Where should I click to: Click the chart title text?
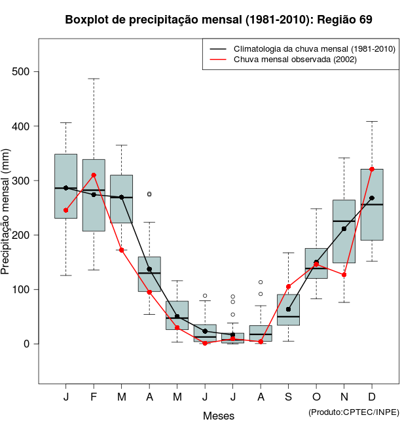[x=219, y=20]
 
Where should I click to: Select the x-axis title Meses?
[x=219, y=416]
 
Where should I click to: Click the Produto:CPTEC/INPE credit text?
[x=354, y=412]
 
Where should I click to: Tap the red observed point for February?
[x=94, y=175]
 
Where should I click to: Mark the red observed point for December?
[x=372, y=169]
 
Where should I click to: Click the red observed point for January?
[x=65, y=210]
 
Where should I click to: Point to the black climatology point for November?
[x=344, y=229]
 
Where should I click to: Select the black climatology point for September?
[x=288, y=309]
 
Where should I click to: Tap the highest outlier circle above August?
[x=261, y=282]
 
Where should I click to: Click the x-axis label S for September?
[x=288, y=397]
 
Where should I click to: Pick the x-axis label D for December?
[x=372, y=397]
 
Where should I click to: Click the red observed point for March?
[x=122, y=250]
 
